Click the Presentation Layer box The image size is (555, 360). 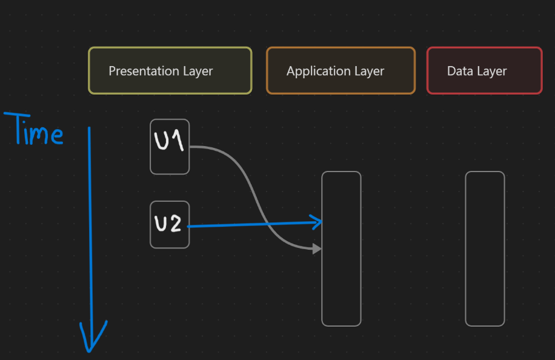coord(170,71)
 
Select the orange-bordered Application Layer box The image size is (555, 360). coord(341,71)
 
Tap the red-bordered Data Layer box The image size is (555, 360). coord(484,71)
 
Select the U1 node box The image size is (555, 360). coord(170,147)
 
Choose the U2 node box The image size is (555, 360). coord(170,224)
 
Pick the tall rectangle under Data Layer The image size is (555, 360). coord(485,248)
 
